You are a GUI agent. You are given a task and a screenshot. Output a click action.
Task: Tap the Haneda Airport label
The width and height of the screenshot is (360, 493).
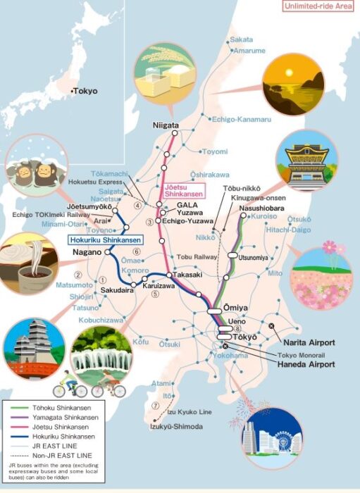coord(305,364)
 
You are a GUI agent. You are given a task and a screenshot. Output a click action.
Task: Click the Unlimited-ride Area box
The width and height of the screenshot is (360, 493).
coord(317,7)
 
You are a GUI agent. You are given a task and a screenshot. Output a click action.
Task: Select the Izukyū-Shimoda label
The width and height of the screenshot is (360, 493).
coord(176,427)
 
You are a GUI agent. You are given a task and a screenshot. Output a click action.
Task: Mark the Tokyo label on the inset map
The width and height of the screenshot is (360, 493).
coord(86,91)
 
